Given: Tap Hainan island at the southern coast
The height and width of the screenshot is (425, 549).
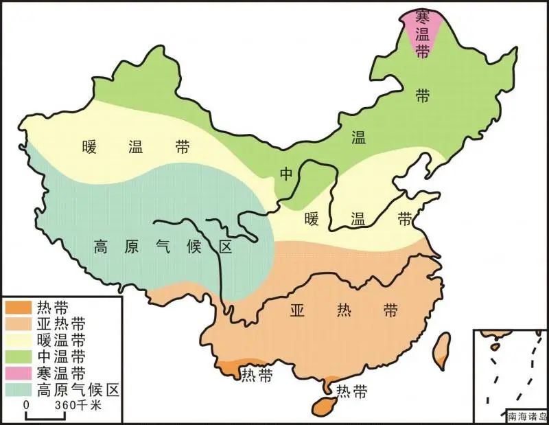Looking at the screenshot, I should tap(323, 405).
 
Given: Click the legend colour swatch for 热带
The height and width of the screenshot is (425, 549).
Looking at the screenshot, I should tap(18, 308).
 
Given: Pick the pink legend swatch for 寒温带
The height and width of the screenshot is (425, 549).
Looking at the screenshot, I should tap(18, 374).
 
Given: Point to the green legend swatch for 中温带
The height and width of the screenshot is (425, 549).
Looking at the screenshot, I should tap(18, 357).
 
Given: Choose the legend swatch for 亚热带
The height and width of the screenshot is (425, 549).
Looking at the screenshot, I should tap(18, 324).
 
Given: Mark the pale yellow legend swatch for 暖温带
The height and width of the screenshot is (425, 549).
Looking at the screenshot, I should tap(18, 341).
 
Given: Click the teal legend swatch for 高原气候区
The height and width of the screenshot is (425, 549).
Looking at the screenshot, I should tap(18, 391).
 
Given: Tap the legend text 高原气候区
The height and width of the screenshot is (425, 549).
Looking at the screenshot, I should tap(78, 391).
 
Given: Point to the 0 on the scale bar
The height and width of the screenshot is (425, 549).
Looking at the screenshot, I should tap(26, 406).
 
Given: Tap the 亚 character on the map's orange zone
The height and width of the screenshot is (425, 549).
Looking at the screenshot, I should tap(297, 310).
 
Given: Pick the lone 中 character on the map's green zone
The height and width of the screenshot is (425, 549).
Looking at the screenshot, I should tap(286, 174).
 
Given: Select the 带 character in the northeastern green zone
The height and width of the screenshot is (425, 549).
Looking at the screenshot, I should tap(422, 96).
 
